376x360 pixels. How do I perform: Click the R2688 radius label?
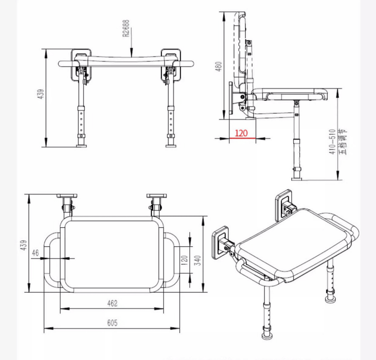(126, 28)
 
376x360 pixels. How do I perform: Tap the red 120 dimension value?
(241, 133)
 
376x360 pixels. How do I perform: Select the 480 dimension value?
(219, 67)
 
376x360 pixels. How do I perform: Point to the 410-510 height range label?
(332, 141)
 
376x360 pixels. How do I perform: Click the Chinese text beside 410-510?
(344, 142)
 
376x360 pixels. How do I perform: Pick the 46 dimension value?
(35, 253)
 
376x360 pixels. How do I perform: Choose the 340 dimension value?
(198, 260)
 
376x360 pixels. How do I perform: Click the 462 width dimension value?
(112, 303)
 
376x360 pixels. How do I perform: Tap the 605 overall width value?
(112, 323)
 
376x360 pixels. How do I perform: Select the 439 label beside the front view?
(41, 94)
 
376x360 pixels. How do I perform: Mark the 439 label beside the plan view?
(24, 245)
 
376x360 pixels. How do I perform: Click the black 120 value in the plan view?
(185, 260)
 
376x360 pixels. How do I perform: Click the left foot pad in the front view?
(81, 146)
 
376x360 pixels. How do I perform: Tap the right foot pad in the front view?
(171, 146)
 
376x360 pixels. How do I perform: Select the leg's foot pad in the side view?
(297, 179)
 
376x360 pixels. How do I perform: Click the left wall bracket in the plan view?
(67, 196)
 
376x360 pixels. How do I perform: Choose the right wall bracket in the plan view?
(156, 196)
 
